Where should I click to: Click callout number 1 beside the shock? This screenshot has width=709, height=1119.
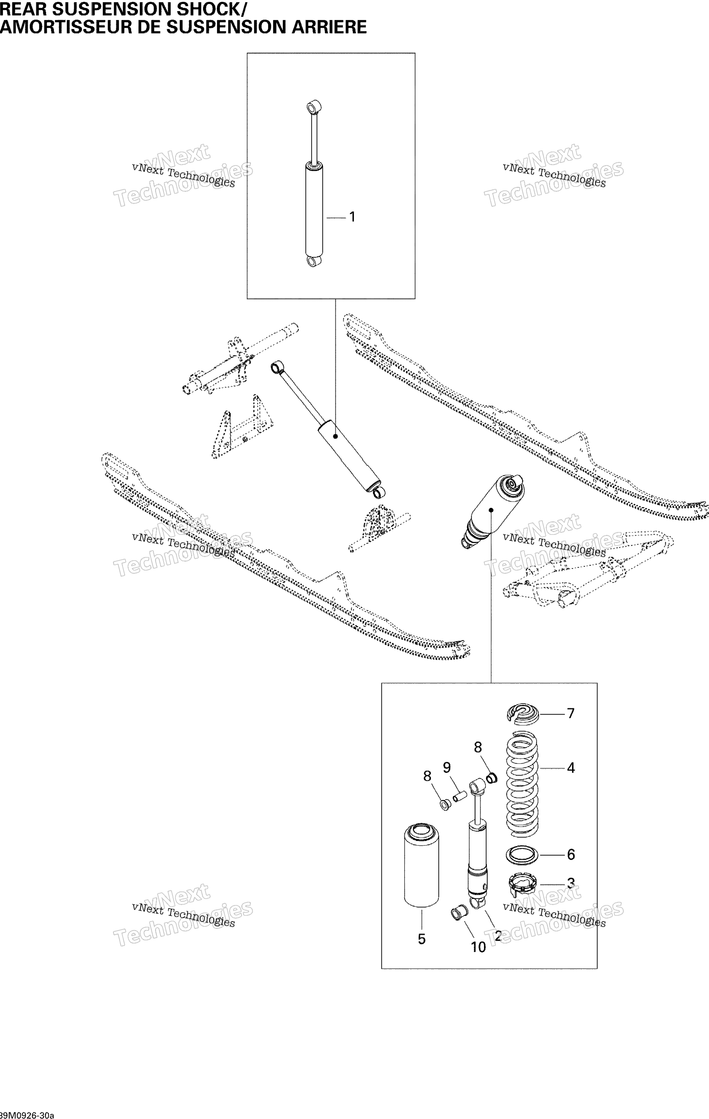(352, 217)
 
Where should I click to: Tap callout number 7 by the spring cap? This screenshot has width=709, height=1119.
(571, 713)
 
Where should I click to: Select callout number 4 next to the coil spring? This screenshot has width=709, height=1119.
(571, 768)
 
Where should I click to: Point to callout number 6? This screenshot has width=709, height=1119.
(571, 854)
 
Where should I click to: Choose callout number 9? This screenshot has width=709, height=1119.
(447, 767)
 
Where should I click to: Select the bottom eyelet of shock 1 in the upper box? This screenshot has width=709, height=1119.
(314, 261)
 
